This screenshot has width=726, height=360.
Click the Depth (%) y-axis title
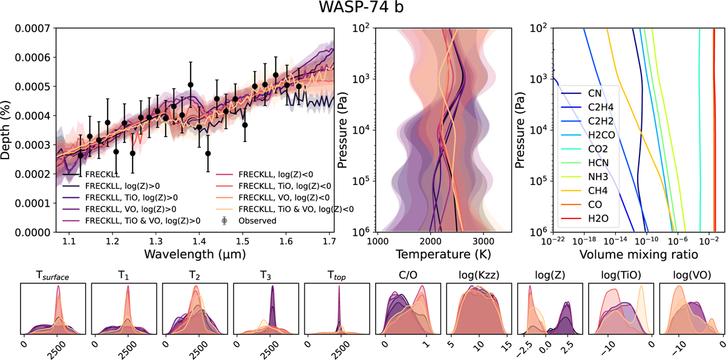click(x=7, y=130)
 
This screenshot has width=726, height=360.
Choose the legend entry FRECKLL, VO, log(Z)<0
click(x=286, y=197)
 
